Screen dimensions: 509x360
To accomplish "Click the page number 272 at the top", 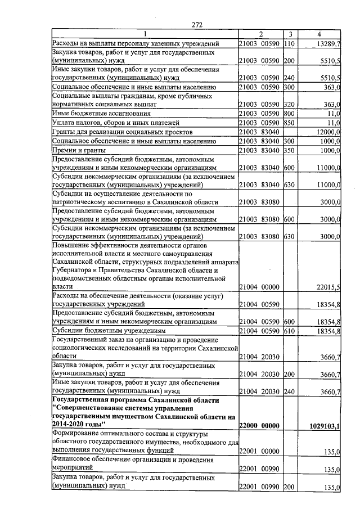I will [x=196, y=24].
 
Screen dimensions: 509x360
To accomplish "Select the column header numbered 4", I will [x=319, y=35].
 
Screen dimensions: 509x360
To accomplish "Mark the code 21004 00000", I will [x=259, y=287].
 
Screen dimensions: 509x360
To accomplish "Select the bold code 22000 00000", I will [x=259, y=426].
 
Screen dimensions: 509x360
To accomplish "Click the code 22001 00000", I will [x=259, y=451].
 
